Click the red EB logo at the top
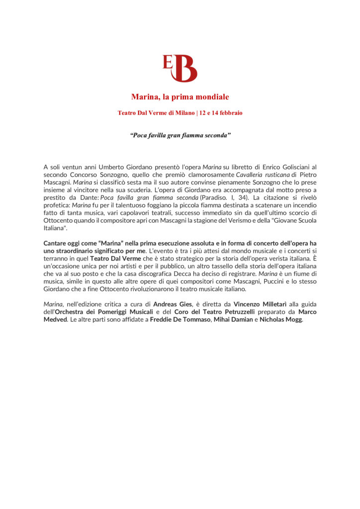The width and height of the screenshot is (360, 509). point(180,68)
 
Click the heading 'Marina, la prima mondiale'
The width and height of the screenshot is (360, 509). point(180,96)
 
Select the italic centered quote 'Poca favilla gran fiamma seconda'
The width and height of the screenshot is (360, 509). point(180,135)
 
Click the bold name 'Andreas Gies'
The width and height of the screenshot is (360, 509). point(174,304)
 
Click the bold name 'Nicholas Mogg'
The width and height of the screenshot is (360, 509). point(281,320)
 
